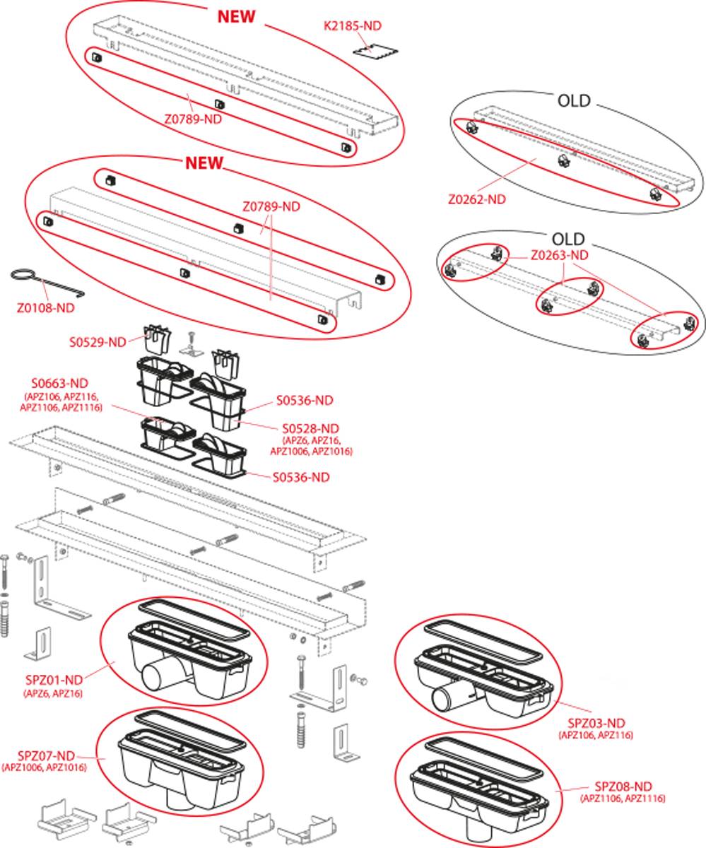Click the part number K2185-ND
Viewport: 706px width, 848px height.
pos(352,25)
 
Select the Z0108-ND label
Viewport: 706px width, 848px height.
pos(45,307)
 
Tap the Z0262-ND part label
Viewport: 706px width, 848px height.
pos(477,199)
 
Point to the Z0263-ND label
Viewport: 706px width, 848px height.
pos(559,254)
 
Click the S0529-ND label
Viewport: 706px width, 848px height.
pos(98,342)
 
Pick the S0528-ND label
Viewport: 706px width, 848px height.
pos(311,428)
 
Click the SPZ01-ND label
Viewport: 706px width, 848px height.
pos(53,680)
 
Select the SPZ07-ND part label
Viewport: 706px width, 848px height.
pos(46,755)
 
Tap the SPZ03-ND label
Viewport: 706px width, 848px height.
pos(596,722)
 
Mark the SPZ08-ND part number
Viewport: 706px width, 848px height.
pos(623,786)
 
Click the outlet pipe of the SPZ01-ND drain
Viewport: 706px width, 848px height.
pos(154,678)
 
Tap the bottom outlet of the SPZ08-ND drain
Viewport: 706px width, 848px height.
pos(476,822)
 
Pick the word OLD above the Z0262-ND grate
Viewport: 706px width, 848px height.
pos(573,101)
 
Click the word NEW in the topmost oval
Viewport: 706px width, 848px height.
pos(236,17)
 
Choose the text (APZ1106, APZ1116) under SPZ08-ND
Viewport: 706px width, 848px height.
pos(623,799)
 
